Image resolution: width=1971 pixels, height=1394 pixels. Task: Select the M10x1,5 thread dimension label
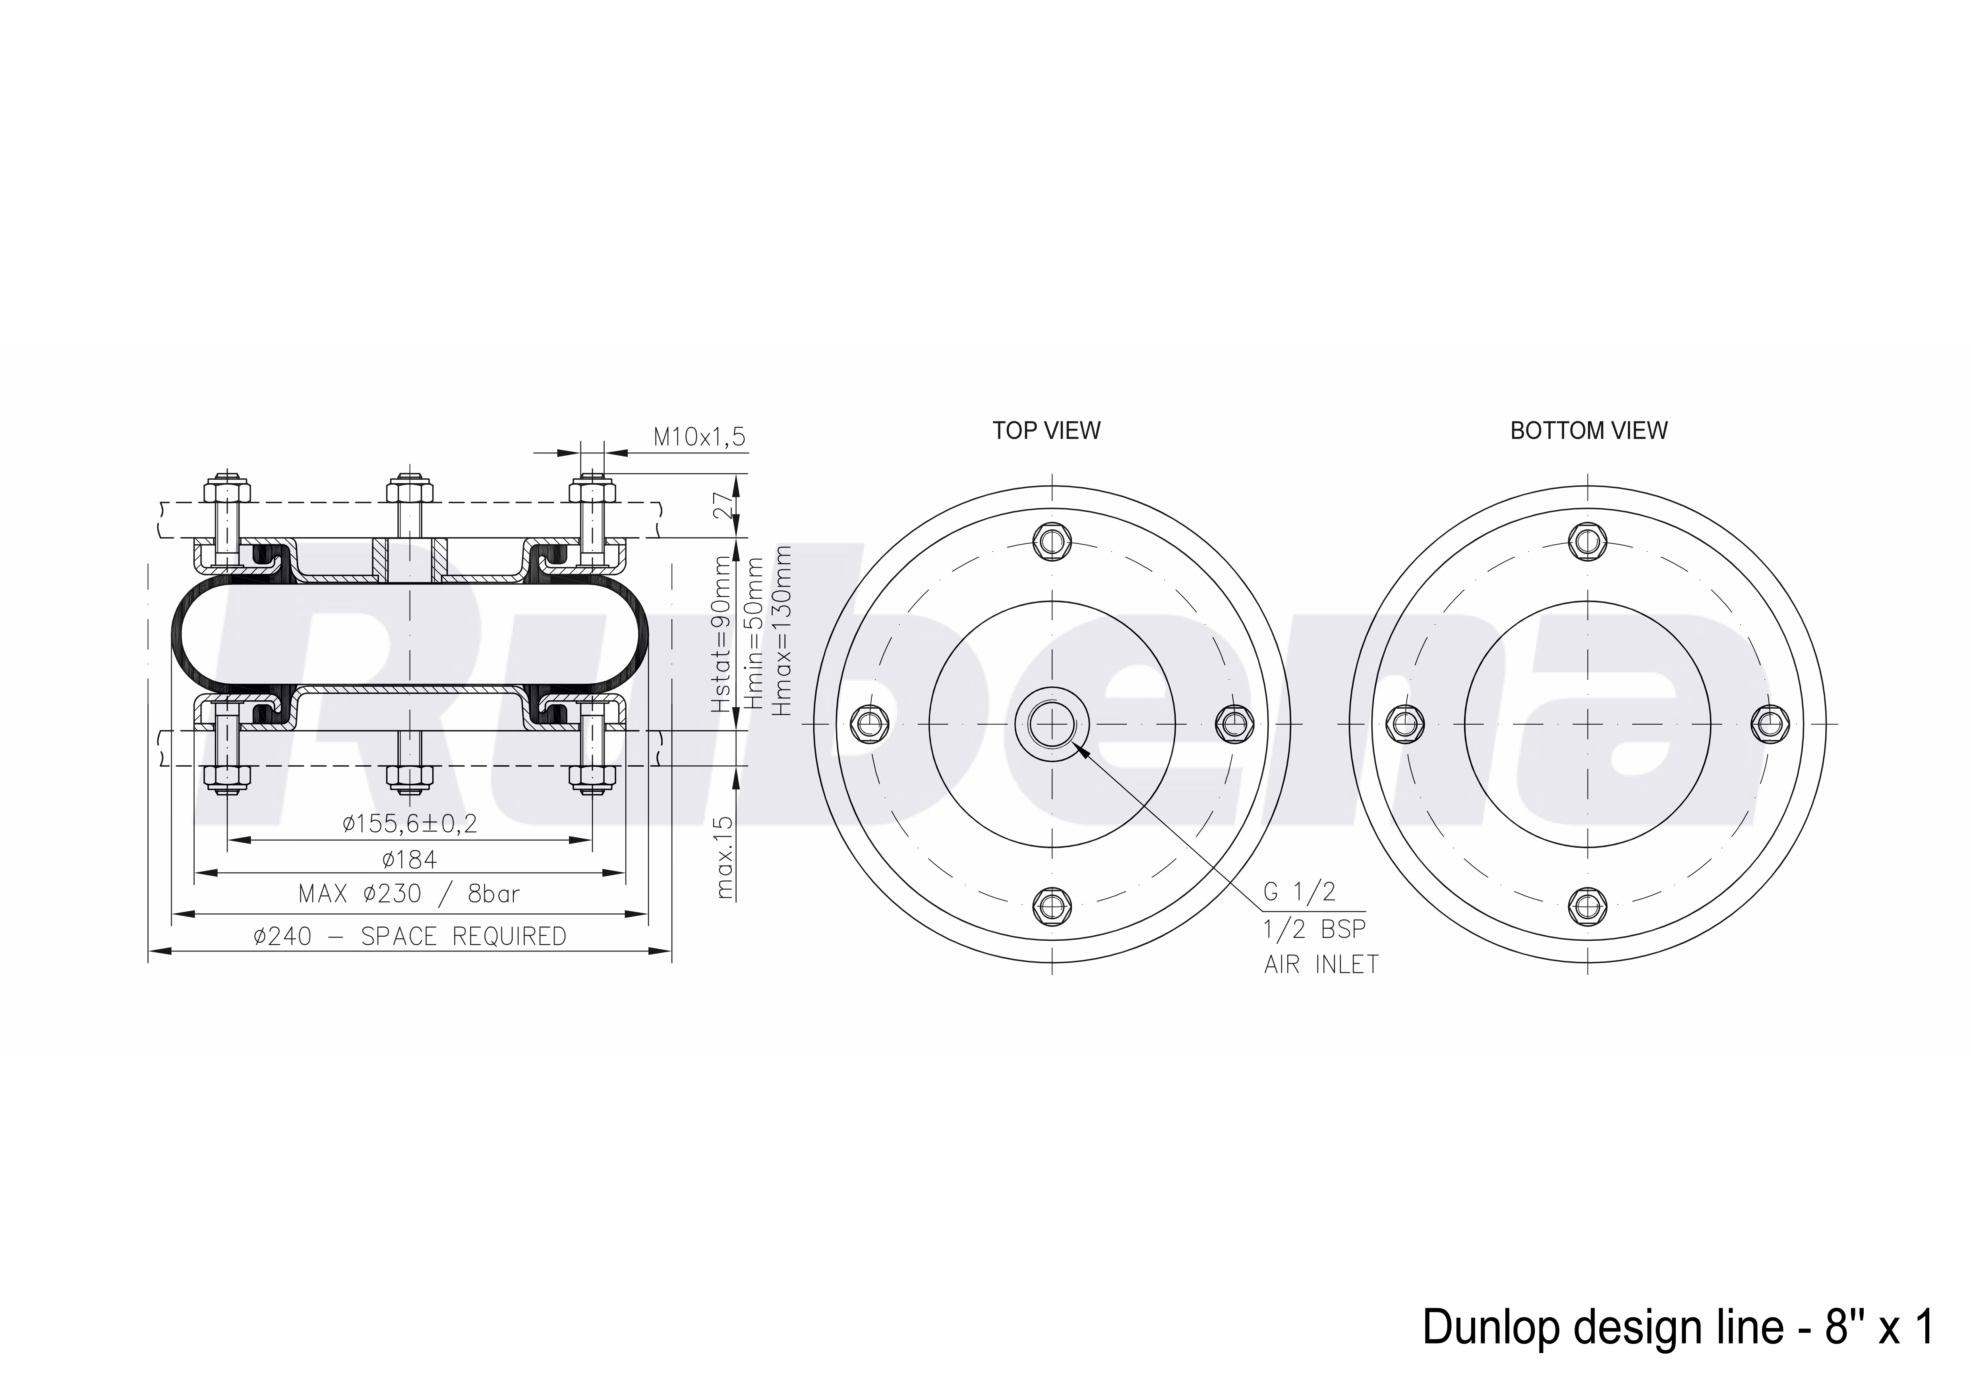(700, 437)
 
